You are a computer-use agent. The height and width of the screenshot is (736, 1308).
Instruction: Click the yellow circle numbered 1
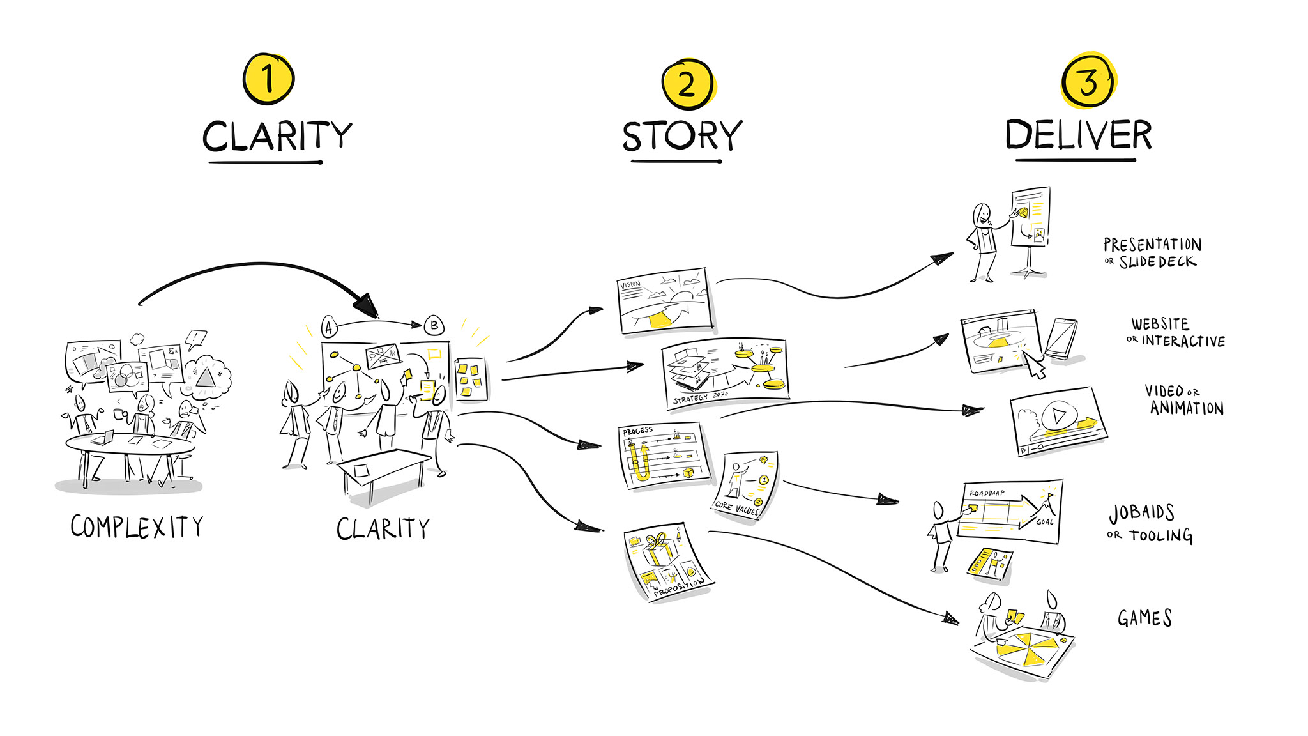pos(268,79)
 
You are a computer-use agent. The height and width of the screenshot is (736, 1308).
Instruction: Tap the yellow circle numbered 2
pos(687,84)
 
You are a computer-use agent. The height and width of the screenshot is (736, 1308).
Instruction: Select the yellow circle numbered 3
pos(1088,81)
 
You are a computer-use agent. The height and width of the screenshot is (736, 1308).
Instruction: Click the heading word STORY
pos(682,135)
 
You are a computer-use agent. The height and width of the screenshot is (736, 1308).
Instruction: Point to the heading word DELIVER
pos(1078,134)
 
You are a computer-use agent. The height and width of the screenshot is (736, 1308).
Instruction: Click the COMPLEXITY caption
pos(137,527)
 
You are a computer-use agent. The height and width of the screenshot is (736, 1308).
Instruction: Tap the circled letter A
pos(329,328)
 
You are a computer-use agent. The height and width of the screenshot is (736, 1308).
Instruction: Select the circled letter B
pos(434,325)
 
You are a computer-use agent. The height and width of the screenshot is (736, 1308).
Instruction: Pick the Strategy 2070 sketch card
pos(726,373)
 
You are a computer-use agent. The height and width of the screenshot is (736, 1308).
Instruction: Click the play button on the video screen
pos(1058,417)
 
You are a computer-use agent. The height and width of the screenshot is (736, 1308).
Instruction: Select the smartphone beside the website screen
pos(1061,339)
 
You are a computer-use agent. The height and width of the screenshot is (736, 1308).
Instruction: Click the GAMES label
pos(1144,618)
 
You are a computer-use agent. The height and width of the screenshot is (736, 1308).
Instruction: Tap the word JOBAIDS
pos(1142,512)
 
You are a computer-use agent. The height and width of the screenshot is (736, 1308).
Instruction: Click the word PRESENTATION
pos(1152,245)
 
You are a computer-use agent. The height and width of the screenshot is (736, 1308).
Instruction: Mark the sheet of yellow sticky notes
pos(471,379)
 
